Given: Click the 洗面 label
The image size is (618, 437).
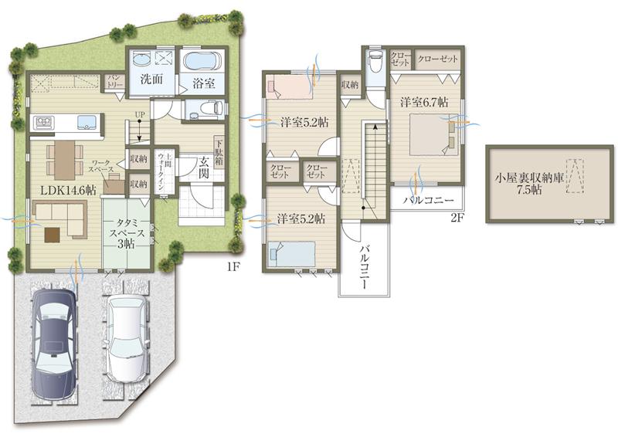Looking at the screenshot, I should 151,79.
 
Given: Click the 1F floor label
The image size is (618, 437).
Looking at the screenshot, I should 233,266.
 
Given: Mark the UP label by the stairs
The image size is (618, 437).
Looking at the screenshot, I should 140,115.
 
